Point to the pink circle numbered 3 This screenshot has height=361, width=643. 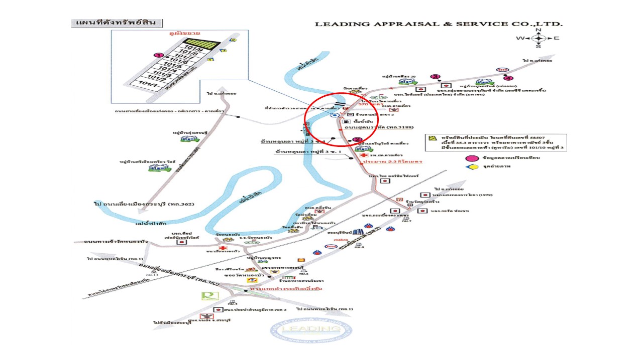coord(435,77)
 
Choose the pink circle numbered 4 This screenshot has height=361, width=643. coord(508,78)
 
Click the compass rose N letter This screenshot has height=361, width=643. coord(538,30)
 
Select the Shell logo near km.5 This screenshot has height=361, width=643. coord(301,260)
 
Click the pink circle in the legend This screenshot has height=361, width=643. coord(472,158)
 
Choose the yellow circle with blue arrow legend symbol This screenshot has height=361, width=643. coord(472,166)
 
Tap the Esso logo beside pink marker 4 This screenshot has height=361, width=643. coord(501,70)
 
